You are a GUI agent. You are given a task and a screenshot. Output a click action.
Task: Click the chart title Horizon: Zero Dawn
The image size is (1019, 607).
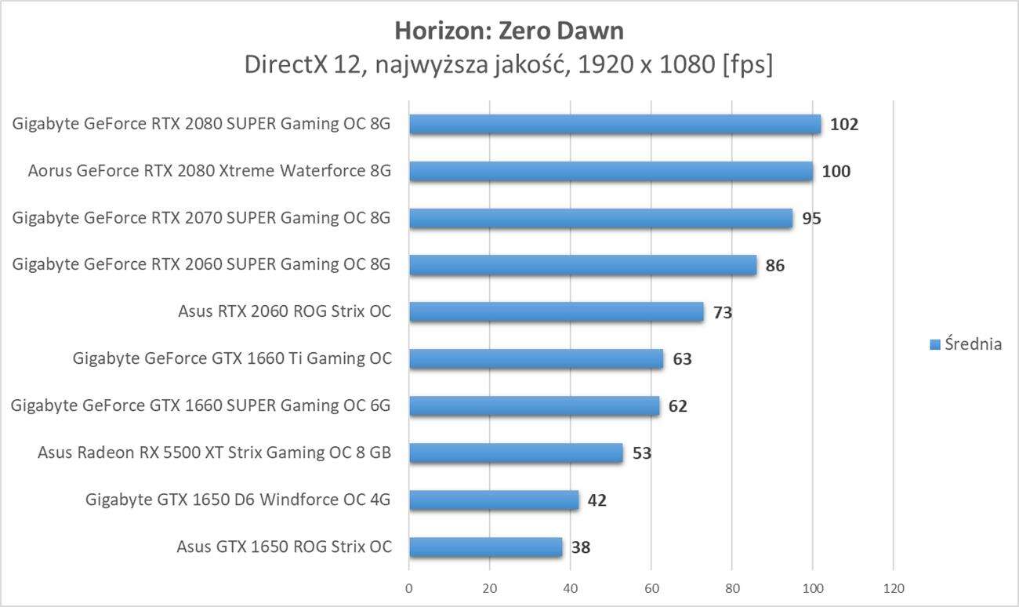tap(509, 31)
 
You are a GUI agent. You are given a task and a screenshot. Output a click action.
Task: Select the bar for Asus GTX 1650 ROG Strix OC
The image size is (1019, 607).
tap(485, 547)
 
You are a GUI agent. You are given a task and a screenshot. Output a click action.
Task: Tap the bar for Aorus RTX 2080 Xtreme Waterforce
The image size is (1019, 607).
tap(611, 171)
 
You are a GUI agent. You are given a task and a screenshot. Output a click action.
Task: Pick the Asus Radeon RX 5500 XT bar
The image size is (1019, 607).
tap(515, 453)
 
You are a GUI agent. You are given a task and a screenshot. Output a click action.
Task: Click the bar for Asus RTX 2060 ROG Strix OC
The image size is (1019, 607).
tap(556, 312)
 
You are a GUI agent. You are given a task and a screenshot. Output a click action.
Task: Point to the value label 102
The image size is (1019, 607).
tap(844, 125)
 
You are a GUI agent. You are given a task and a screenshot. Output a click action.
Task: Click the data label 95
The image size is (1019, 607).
tap(811, 219)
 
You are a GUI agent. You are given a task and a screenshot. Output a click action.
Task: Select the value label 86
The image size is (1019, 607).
tap(774, 266)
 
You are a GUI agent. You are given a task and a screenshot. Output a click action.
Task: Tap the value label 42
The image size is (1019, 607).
tap(597, 500)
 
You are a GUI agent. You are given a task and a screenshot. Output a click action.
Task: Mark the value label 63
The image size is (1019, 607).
tap(682, 360)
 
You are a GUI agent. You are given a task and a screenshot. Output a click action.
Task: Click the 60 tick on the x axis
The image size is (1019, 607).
tap(651, 588)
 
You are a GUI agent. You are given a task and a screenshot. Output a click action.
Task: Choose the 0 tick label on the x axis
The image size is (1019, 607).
tap(409, 588)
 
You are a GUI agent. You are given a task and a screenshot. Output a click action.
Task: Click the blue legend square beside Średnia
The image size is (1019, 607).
tap(934, 344)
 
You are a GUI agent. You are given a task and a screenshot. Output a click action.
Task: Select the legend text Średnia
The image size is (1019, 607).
tap(973, 343)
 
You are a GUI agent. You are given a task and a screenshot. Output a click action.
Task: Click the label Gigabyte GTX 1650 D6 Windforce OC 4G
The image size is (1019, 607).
tap(238, 500)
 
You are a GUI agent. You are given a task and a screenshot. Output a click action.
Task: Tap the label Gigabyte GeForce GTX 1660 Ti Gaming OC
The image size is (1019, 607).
tap(232, 358)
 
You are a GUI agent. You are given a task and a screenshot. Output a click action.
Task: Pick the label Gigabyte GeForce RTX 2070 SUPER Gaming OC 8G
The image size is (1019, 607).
tap(201, 217)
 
